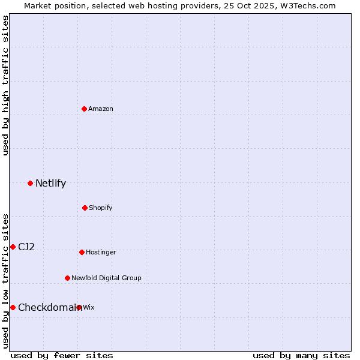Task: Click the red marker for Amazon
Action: click(x=85, y=109)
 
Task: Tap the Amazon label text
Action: click(x=101, y=109)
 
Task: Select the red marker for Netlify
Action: click(x=30, y=183)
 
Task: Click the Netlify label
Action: click(x=50, y=184)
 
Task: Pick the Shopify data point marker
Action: click(x=85, y=208)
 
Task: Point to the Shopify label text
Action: click(x=101, y=208)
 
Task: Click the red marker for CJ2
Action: click(x=13, y=247)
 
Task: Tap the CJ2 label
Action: click(x=26, y=247)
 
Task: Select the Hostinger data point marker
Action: click(x=82, y=252)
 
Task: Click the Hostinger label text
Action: click(x=101, y=252)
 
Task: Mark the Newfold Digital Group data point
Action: click(x=67, y=278)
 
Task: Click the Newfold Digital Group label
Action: click(x=106, y=278)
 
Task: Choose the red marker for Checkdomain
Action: click(x=13, y=307)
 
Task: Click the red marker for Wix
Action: click(x=79, y=307)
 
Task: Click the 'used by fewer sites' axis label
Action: click(x=62, y=355)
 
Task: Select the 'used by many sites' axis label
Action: click(x=301, y=355)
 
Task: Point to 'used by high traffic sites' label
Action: click(x=5, y=85)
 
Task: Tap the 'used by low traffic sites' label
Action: click(x=5, y=281)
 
